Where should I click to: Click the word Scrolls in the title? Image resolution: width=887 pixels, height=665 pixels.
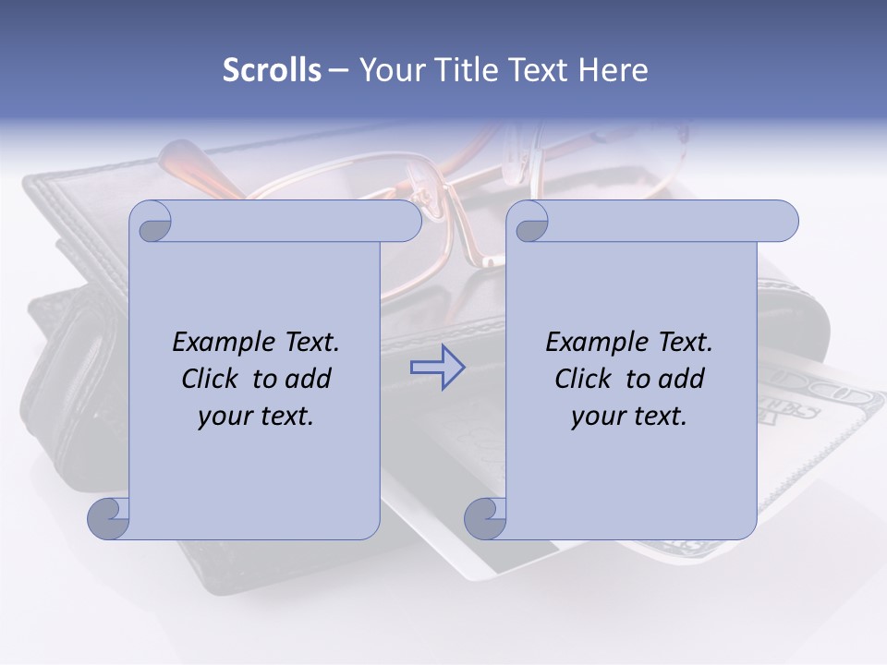272,69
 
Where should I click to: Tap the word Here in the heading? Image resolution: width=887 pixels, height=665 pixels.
614,69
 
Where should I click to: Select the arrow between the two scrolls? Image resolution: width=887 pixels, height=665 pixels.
437,367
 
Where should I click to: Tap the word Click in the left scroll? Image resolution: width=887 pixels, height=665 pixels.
212,379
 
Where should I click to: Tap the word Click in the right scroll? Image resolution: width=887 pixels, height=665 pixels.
584,379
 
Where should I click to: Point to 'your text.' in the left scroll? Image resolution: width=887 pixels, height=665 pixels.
256,416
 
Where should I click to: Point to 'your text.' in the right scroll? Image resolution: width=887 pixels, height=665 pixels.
629,416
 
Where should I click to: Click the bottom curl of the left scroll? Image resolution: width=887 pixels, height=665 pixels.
109,518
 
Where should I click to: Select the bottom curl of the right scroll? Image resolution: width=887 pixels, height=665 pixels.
486,518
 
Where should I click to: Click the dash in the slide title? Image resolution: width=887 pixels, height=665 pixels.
338,69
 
